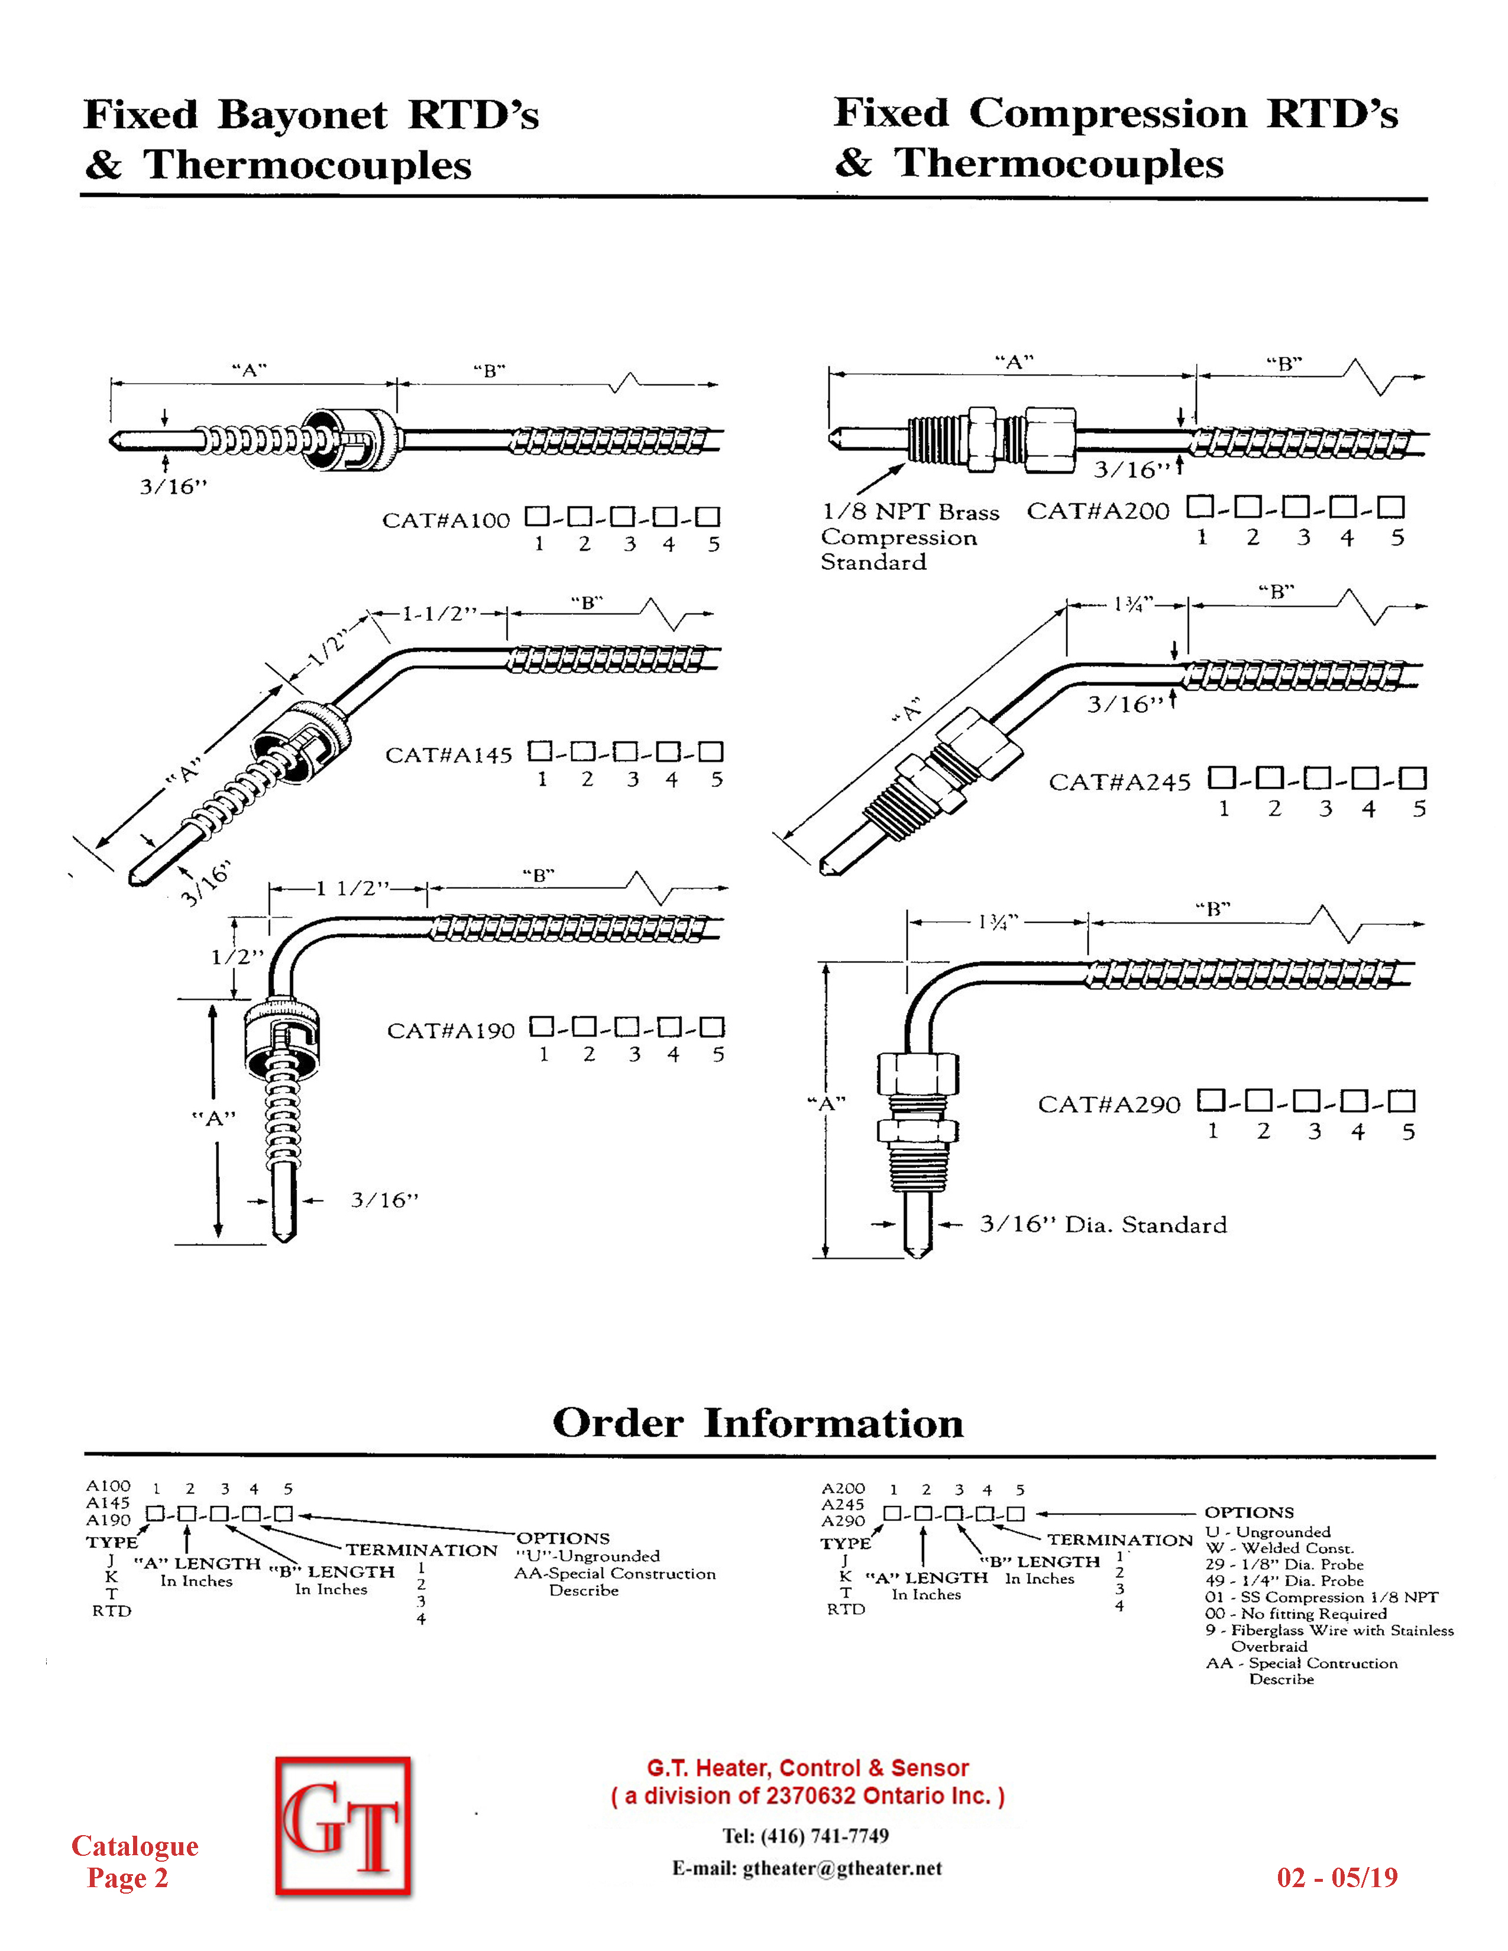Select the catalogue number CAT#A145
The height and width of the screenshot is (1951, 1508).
pos(448,756)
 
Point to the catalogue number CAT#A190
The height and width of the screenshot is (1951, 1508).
pos(450,1031)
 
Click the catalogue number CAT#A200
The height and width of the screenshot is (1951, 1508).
pos(1097,511)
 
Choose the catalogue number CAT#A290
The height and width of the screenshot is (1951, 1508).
pos(1109,1105)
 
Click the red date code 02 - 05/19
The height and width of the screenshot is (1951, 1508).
pos(1337,1877)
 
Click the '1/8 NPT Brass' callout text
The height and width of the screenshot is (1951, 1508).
pos(910,512)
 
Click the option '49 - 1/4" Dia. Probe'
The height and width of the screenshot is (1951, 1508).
pos(1284,1580)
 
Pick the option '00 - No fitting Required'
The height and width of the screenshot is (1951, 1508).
pos(1295,1613)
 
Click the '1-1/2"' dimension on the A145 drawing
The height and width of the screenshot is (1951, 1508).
pos(439,614)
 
